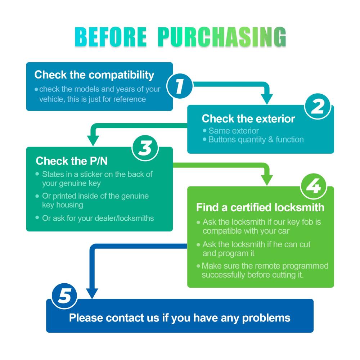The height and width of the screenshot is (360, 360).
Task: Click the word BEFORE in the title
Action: pyautogui.click(x=111, y=37)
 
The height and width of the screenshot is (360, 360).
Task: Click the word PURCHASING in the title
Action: pyautogui.click(x=222, y=37)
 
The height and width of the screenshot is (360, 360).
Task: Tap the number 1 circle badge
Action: pyautogui.click(x=180, y=86)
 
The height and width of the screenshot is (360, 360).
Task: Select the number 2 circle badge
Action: pyautogui.click(x=318, y=106)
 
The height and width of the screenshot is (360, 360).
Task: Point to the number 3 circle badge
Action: pyautogui.click(x=145, y=148)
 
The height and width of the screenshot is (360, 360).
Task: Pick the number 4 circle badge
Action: pyautogui.click(x=314, y=186)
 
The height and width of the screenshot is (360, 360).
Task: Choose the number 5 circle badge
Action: pyautogui.click(x=64, y=296)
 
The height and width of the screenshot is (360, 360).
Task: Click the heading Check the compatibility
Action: pyautogui.click(x=94, y=75)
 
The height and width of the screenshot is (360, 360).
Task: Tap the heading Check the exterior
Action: pyautogui.click(x=248, y=119)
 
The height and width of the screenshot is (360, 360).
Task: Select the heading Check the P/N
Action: pyautogui.click(x=72, y=161)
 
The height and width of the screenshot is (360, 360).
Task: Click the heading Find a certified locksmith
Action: pyautogui.click(x=260, y=207)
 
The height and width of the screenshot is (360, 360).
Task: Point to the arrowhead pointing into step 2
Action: pyautogui.click(x=267, y=99)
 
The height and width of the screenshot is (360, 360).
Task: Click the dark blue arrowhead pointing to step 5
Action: pyautogui.click(x=92, y=294)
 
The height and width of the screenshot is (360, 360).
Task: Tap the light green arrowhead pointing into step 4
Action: pyautogui.click(x=267, y=180)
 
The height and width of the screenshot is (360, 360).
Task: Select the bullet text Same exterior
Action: pyautogui.click(x=234, y=131)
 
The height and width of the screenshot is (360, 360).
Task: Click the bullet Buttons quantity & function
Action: pyautogui.click(x=256, y=140)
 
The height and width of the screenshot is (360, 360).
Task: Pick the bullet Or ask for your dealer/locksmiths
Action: pyautogui.click(x=98, y=218)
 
